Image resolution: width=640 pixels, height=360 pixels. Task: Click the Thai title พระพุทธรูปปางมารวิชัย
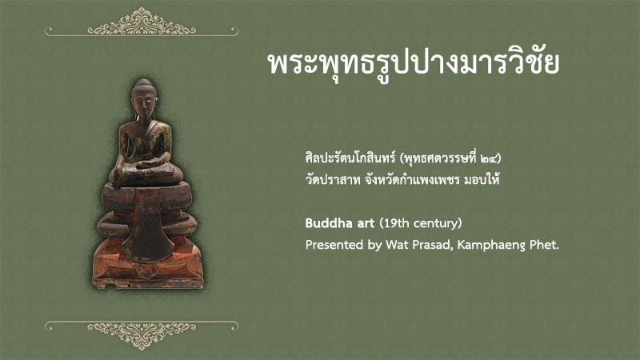pyautogui.click(x=413, y=63)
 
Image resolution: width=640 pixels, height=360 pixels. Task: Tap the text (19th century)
pyautogui.click(x=421, y=223)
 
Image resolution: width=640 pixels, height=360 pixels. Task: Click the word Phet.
pyautogui.click(x=544, y=245)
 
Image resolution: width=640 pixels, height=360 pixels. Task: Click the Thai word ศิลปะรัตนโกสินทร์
pyautogui.click(x=350, y=157)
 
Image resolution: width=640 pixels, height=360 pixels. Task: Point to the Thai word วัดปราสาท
pyautogui.click(x=333, y=180)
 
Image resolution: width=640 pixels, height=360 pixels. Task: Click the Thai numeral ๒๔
pyautogui.click(x=489, y=158)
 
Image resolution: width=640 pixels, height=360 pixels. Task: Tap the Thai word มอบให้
pyautogui.click(x=482, y=179)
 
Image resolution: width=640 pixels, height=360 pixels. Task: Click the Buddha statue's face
pyautogui.click(x=144, y=104)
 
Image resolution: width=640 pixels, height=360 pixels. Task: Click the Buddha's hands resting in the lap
pyautogui.click(x=149, y=164)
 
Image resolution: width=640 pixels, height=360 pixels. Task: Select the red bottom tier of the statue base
pyautogui.click(x=148, y=265)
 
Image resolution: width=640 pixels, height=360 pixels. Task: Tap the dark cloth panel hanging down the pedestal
pyautogui.click(x=148, y=225)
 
